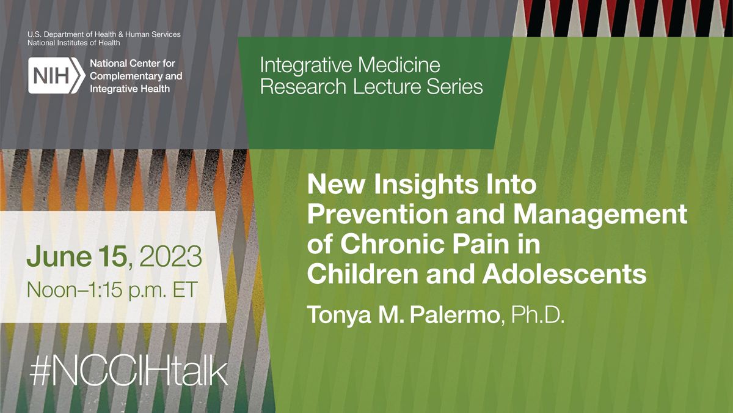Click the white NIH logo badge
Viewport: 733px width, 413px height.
click(54, 76)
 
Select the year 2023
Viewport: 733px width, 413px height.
click(172, 255)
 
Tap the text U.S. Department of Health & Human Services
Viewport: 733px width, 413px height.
click(103, 34)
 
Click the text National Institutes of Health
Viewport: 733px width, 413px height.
click(74, 43)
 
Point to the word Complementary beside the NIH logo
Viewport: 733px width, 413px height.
click(136, 76)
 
